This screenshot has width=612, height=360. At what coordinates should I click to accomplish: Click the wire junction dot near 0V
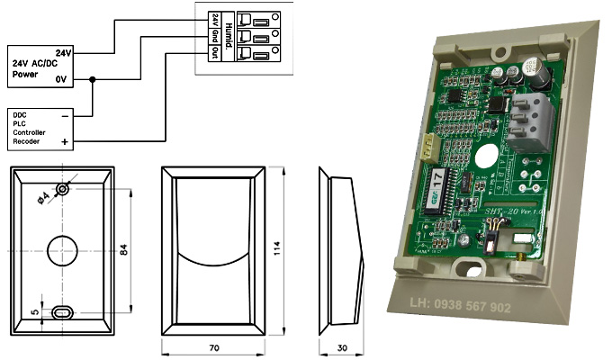pyautogui.click(x=94, y=79)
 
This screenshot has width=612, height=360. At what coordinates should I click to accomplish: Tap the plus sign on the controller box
pyautogui.click(x=64, y=142)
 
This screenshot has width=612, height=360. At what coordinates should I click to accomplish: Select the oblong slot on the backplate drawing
pyautogui.click(x=62, y=311)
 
